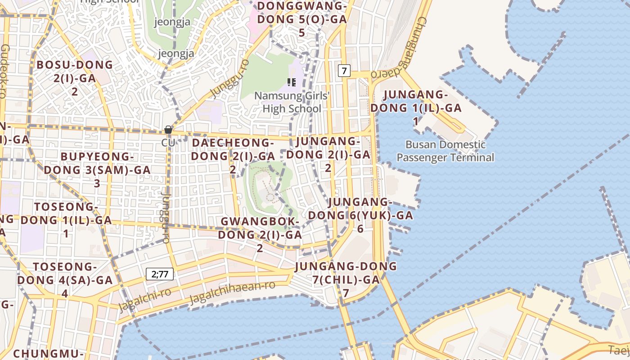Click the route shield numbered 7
tap(344, 71)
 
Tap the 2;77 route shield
tap(160, 274)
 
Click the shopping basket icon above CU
tap(168, 130)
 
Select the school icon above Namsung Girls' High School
tap(292, 82)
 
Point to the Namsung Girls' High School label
tap(292, 102)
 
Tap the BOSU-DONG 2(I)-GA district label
tap(75, 78)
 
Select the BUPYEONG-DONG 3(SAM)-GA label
tap(97, 170)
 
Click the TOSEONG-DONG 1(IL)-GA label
tap(66, 220)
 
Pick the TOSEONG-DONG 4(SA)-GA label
tap(65, 279)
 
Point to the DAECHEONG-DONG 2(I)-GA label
tap(233, 156)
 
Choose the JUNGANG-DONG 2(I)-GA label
tap(328, 154)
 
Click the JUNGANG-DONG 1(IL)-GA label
tap(416, 108)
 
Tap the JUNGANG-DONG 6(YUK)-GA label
tap(360, 215)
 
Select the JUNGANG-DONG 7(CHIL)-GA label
tap(346, 279)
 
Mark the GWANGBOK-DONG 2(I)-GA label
tap(260, 234)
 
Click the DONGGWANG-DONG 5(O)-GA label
tap(301, 19)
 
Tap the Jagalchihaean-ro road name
tap(232, 293)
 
